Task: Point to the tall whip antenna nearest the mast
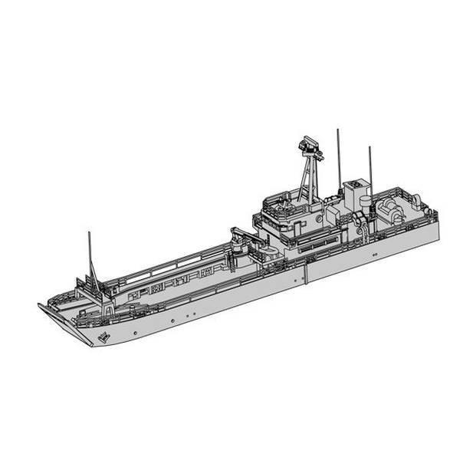pyautogui.click(x=338, y=157)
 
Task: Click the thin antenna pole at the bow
pyautogui.click(x=90, y=257)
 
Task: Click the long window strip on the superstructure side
pyautogui.click(x=317, y=244)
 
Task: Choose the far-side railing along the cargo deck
pyautogui.click(x=176, y=264)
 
